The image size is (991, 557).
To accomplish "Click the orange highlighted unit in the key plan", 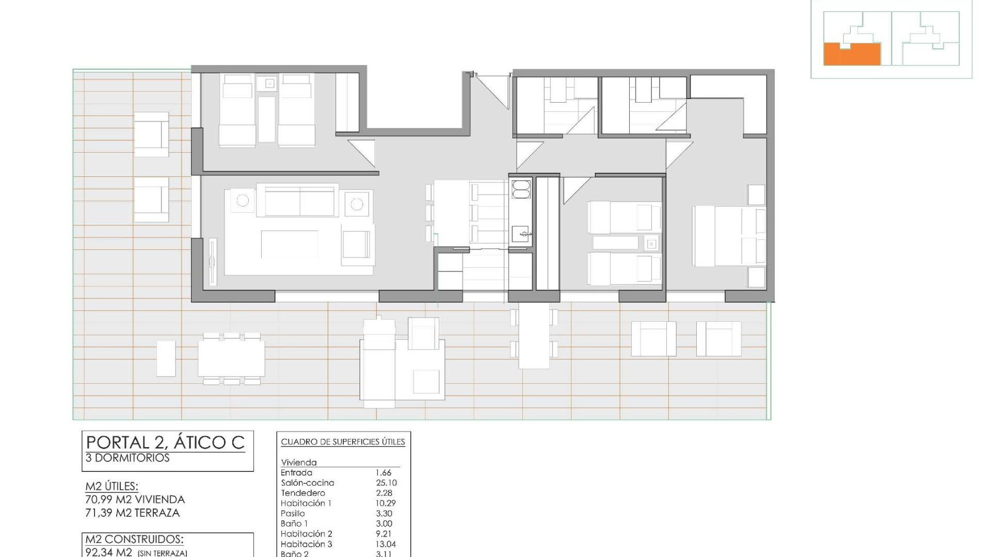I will pos(852,56).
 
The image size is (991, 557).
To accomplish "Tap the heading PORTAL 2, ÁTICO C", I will pos(165,443).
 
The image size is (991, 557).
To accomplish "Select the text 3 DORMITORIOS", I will pos(127,458).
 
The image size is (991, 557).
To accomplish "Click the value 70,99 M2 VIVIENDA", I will pos(135,499).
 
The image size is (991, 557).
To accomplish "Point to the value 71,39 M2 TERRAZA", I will pos(133,513).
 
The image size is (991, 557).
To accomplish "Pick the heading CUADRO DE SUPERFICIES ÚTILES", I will pos(343,442).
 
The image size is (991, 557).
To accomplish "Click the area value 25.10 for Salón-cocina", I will pos(386,483).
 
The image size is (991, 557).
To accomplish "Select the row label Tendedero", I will pos(303,493).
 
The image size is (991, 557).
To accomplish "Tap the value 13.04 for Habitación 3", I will pos(386,544).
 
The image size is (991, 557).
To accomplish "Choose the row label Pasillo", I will pos(293,513).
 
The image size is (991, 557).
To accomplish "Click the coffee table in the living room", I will pos(289,244).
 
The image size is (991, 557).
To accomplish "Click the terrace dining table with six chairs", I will pos(231,358).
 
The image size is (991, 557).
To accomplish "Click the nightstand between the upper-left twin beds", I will pos(269,83).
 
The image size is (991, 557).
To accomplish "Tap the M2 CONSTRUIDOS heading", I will pos(134,539).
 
